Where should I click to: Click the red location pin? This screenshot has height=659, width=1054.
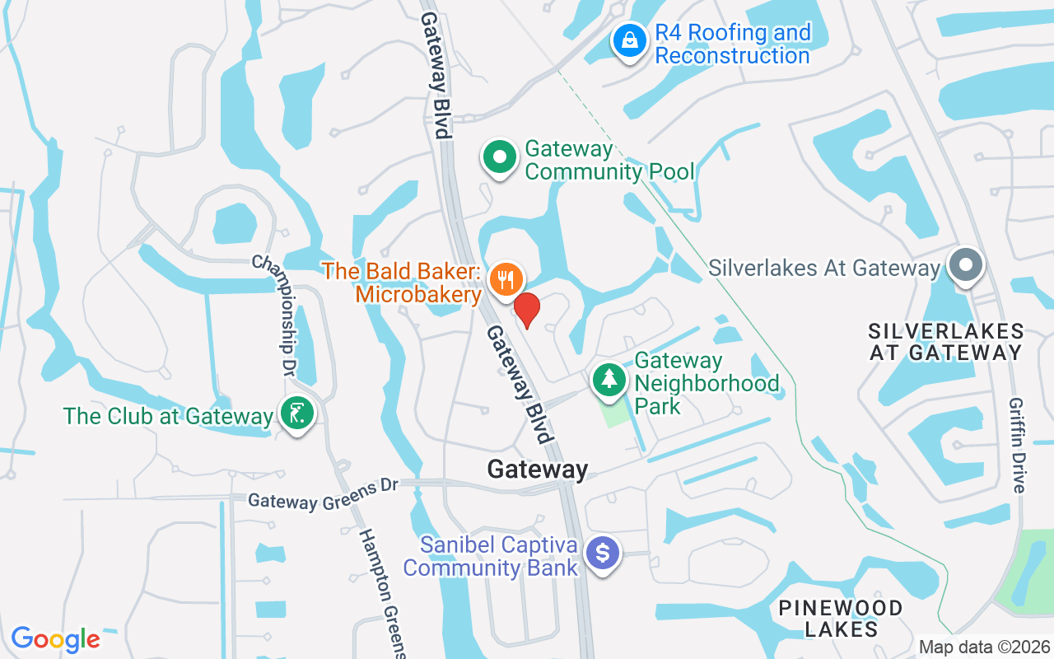[527, 310]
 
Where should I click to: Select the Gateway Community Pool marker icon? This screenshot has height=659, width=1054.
[499, 157]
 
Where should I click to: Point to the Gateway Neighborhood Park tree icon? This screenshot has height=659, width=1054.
[609, 380]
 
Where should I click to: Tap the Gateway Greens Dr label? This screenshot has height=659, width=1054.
[323, 493]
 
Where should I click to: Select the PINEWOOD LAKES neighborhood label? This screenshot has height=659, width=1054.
[841, 619]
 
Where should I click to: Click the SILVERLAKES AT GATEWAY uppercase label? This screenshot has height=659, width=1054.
[946, 342]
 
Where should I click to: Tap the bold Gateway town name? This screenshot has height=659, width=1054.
[538, 470]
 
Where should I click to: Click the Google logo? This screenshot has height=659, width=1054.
[55, 638]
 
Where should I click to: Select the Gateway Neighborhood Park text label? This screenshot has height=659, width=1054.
[707, 383]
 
